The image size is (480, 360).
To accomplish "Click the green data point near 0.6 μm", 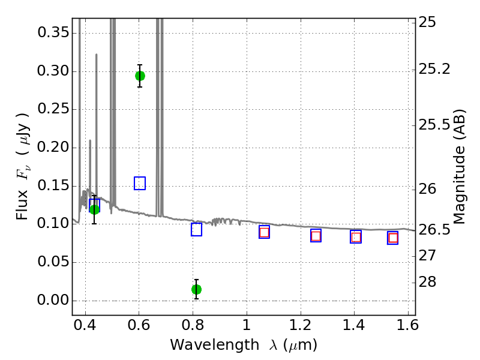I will (140, 76).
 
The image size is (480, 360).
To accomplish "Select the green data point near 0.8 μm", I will (196, 289).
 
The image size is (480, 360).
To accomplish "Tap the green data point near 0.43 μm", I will (94, 209).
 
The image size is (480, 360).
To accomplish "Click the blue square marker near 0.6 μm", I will (140, 183).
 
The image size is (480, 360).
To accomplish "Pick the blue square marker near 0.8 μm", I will (196, 229).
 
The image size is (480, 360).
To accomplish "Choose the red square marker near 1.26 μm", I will (316, 236).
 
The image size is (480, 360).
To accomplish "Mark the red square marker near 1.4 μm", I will (356, 237).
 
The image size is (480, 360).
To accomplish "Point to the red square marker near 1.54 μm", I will (393, 238).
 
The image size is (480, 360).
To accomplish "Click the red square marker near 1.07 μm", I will (264, 232).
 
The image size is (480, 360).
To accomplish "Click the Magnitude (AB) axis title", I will (460, 166).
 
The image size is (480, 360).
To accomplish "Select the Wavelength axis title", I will (243, 345).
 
